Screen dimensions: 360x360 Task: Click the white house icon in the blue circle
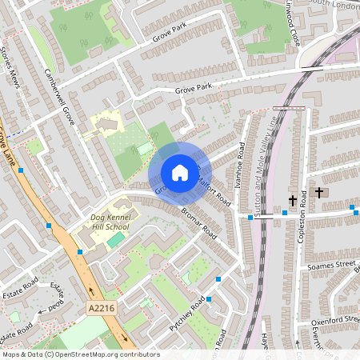[179, 173]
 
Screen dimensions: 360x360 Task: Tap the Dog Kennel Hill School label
[110, 221]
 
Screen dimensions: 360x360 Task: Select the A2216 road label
[101, 307]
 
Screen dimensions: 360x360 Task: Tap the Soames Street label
[334, 264]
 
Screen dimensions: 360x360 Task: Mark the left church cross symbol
[293, 200]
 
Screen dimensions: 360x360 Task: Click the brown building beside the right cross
[332, 192]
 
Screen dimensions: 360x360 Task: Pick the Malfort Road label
[216, 192]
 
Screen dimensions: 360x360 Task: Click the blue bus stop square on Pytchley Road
[208, 299]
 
